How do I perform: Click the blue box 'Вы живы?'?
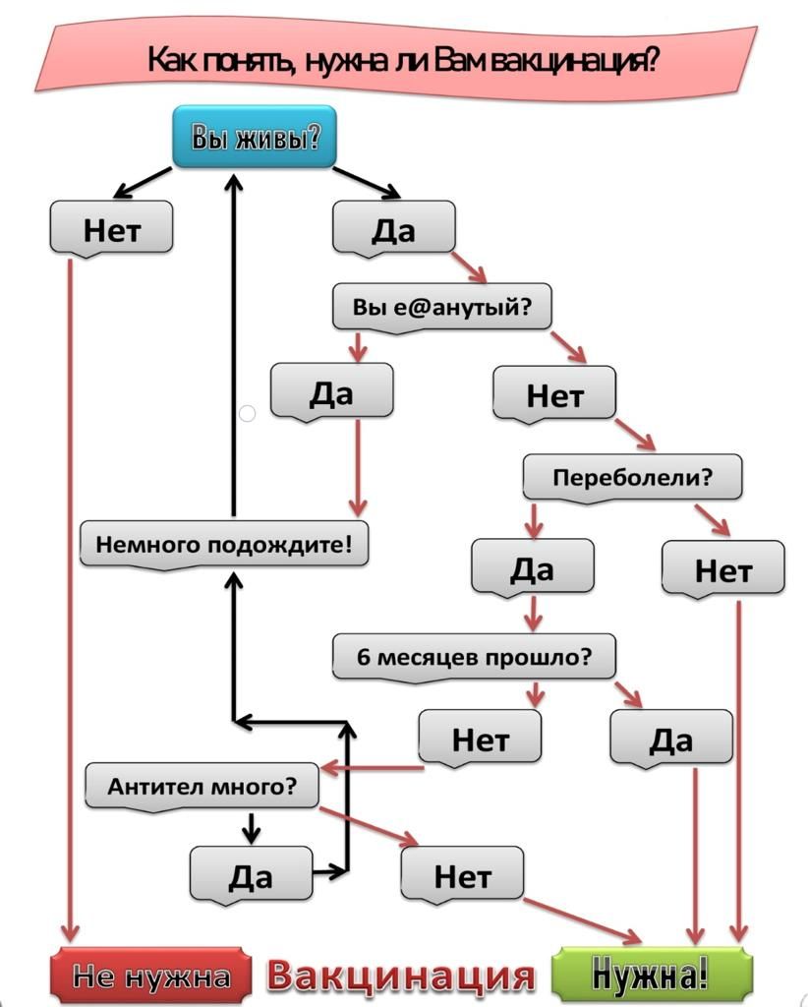pyautogui.click(x=255, y=137)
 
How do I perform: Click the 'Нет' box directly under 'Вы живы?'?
pyautogui.click(x=111, y=228)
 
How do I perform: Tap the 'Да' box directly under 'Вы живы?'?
pyautogui.click(x=393, y=228)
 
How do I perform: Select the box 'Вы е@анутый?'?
pyautogui.click(x=441, y=307)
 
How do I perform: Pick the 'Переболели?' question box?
pyautogui.click(x=632, y=477)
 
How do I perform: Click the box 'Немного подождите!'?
pyautogui.click(x=224, y=545)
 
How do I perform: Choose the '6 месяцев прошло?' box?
pyautogui.click(x=474, y=657)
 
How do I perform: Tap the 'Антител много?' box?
pyautogui.click(x=202, y=786)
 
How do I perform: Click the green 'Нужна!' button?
pyautogui.click(x=652, y=975)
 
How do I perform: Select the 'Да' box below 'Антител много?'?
pyautogui.click(x=251, y=875)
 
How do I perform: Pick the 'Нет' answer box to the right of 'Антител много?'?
pyautogui.click(x=462, y=875)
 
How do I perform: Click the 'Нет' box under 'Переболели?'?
pyautogui.click(x=723, y=569)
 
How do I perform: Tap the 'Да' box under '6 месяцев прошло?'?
pyautogui.click(x=670, y=740)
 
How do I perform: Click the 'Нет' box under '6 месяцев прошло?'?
pyautogui.click(x=480, y=740)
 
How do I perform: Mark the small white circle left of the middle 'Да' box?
pyautogui.click(x=247, y=414)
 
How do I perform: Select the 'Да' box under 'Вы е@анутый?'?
pyautogui.click(x=332, y=392)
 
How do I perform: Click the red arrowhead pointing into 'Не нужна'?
pyautogui.click(x=70, y=933)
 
